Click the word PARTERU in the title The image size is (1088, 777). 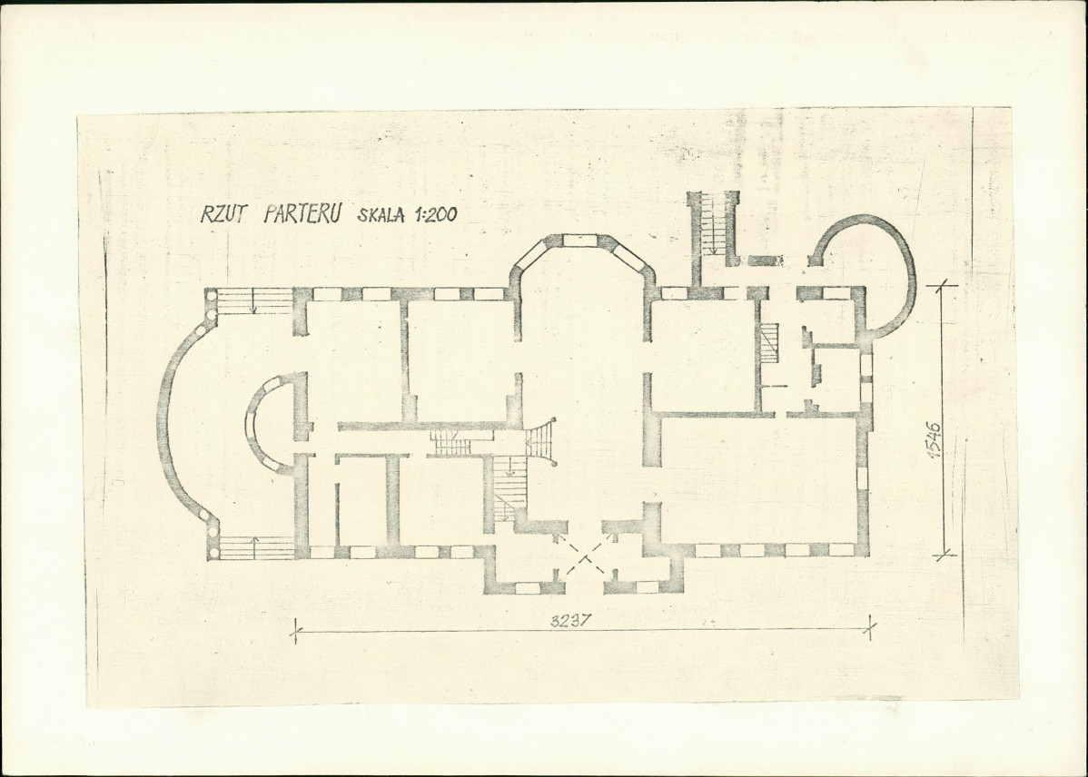302,213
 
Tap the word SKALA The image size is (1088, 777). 381,214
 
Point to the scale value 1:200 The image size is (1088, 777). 436,215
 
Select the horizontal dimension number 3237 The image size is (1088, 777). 569,621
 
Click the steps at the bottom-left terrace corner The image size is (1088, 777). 255,547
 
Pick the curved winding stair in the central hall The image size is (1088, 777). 540,441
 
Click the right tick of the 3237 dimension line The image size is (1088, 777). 871,629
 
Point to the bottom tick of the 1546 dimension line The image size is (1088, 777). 942,555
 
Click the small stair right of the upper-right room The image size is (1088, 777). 769,342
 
